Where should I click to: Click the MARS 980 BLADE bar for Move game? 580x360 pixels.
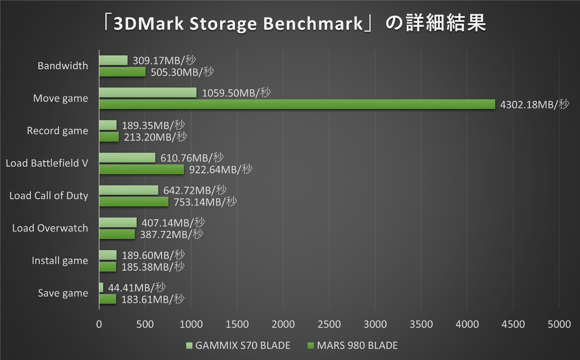[x=297, y=104]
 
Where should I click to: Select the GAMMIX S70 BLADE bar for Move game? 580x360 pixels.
[x=148, y=92]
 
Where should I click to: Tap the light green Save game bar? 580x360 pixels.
[x=101, y=287]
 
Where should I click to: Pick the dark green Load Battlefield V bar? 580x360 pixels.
[x=142, y=169]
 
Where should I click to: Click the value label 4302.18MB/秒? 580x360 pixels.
[x=535, y=105]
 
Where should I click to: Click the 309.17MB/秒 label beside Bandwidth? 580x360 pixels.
[x=164, y=60]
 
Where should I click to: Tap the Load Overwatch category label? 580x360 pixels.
[x=50, y=228]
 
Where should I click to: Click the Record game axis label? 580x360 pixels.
[x=58, y=131]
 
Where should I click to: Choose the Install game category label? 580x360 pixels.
[x=60, y=261]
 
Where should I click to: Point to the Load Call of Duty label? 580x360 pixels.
[x=49, y=196]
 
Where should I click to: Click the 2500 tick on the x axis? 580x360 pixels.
[x=329, y=324]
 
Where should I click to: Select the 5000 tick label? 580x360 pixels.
[x=559, y=324]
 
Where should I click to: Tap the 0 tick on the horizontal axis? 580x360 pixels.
[x=99, y=324]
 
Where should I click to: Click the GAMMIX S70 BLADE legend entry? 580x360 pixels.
[x=238, y=345]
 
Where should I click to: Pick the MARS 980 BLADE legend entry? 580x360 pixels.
[x=352, y=345]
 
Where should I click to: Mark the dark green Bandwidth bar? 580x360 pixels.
[x=122, y=71]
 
